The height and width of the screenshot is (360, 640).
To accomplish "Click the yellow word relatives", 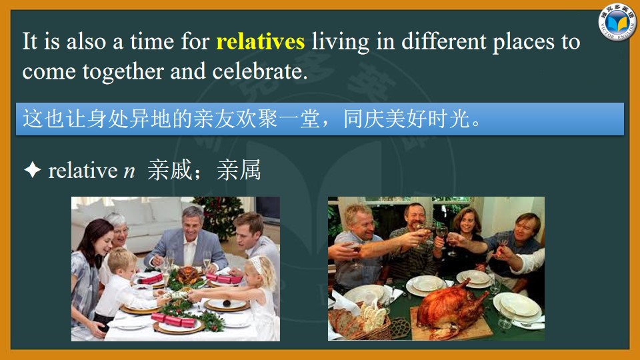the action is coord(261,41).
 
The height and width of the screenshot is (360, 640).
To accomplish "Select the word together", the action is coord(123,72).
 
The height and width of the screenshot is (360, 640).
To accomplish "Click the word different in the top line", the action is coord(444,41).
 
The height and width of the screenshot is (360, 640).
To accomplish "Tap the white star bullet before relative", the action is coord(32,169).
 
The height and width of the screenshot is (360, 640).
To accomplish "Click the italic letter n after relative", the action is coord(129,172).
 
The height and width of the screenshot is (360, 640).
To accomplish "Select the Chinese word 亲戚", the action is coord(169,170).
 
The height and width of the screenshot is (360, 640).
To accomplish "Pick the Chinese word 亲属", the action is coord(239,170).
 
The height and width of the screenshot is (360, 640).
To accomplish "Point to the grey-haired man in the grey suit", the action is coord(187,241).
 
